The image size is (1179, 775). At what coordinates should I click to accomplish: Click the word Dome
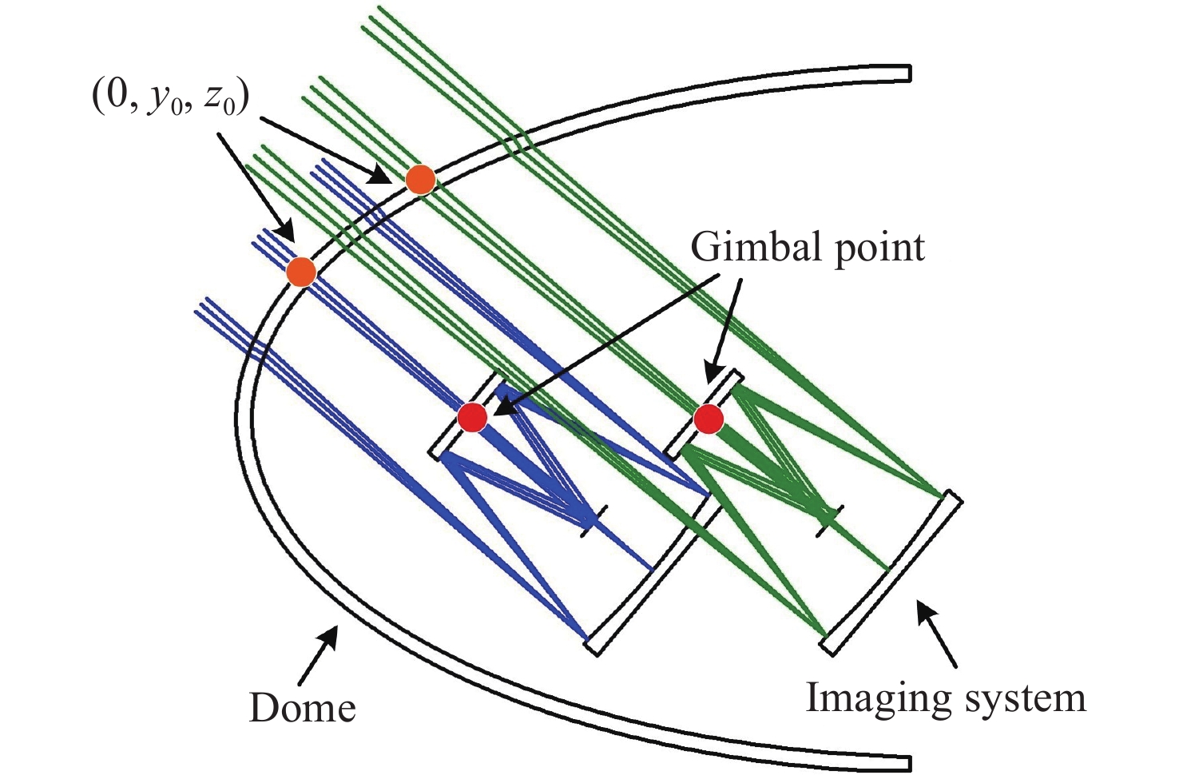[x=302, y=708]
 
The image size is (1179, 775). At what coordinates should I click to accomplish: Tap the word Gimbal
[x=755, y=248]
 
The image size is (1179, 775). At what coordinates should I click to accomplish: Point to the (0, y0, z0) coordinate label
[x=169, y=98]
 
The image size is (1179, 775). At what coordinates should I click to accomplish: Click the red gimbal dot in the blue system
[x=472, y=418]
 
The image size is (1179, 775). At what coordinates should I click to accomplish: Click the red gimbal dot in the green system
[x=708, y=419]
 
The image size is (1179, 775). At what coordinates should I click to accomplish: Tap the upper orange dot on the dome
[x=420, y=180]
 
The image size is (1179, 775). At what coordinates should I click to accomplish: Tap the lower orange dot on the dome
[x=301, y=272]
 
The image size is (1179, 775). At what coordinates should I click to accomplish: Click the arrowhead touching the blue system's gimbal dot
[x=502, y=409]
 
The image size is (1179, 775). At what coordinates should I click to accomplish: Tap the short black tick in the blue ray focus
[x=593, y=521]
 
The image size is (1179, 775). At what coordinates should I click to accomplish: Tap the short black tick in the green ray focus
[x=828, y=521]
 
